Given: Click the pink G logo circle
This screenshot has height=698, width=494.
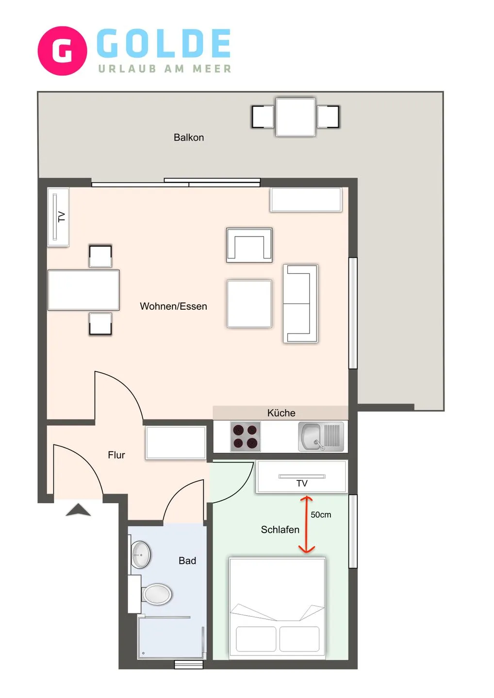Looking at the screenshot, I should click(62, 51).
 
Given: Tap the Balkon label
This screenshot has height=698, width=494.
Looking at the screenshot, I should click(189, 138).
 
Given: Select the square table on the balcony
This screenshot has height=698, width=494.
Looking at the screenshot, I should click(296, 117).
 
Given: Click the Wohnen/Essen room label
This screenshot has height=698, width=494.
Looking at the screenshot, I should click(173, 306).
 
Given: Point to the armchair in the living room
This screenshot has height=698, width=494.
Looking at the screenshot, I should click(249, 245).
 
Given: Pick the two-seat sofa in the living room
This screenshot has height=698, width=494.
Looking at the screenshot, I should click(300, 304).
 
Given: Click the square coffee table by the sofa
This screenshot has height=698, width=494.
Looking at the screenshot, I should click(249, 304).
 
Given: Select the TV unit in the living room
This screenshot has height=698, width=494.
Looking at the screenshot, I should click(58, 217).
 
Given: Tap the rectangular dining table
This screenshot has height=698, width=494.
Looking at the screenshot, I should click(83, 290).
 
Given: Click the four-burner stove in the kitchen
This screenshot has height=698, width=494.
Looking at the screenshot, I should click(245, 436).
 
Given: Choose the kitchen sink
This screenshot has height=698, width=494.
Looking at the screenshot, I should click(320, 436).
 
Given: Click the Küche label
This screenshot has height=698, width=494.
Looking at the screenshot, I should click(281, 413).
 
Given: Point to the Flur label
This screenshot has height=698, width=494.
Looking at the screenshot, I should click(116, 455).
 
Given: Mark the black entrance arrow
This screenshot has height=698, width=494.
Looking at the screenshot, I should click(78, 510).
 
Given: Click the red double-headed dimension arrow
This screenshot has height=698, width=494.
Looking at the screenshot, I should click(306, 524).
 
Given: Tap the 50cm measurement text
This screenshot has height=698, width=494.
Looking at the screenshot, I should click(321, 515).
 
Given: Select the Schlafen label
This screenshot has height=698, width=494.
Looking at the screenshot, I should click(280, 530).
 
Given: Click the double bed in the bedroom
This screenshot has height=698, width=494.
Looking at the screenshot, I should click(277, 607).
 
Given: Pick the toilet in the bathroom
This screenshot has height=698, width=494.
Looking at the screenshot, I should click(156, 594).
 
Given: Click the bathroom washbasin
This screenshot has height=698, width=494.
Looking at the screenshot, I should click(141, 555).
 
